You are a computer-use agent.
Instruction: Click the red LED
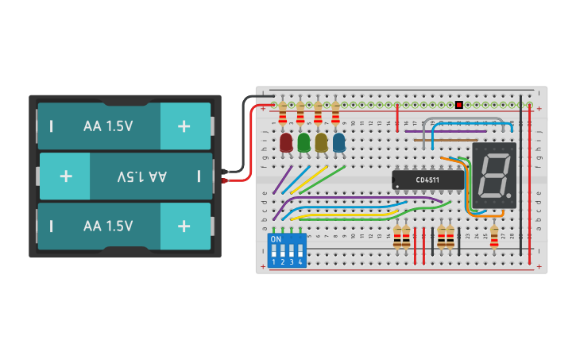click(286, 142)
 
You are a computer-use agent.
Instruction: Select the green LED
click(303, 142)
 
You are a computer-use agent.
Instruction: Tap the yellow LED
click(321, 142)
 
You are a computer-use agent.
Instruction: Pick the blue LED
click(339, 142)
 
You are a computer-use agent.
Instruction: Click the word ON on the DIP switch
click(276, 238)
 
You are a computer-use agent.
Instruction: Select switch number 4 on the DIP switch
click(300, 252)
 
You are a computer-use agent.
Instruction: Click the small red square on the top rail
click(459, 105)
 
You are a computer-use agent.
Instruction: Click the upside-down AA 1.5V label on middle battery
click(141, 176)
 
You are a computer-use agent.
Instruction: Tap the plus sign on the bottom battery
click(184, 226)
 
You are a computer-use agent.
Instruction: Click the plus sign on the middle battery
click(65, 176)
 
